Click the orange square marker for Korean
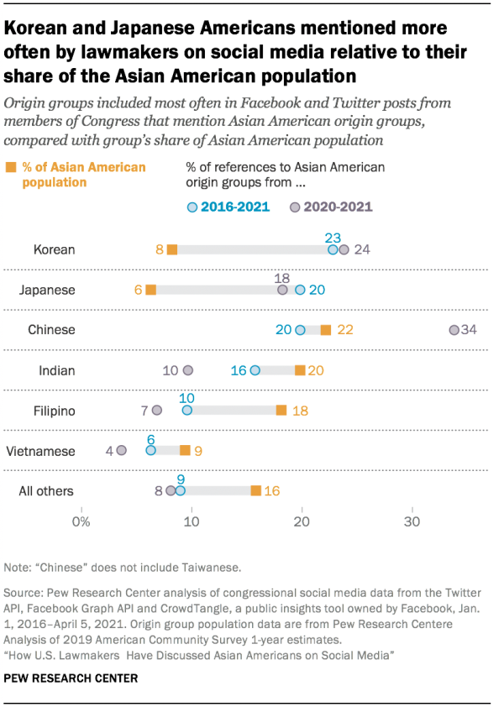tap(172, 249)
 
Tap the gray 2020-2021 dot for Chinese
tap(454, 330)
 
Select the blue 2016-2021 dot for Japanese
tap(301, 290)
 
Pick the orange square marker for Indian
tap(300, 370)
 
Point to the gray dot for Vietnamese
tap(122, 451)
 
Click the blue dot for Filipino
tap(187, 411)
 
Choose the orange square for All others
tap(256, 490)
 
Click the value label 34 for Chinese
tap(469, 330)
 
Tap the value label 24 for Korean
tap(362, 249)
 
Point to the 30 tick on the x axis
tap(412, 522)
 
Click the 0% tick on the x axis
tap(81, 522)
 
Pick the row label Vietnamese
tap(40, 451)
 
